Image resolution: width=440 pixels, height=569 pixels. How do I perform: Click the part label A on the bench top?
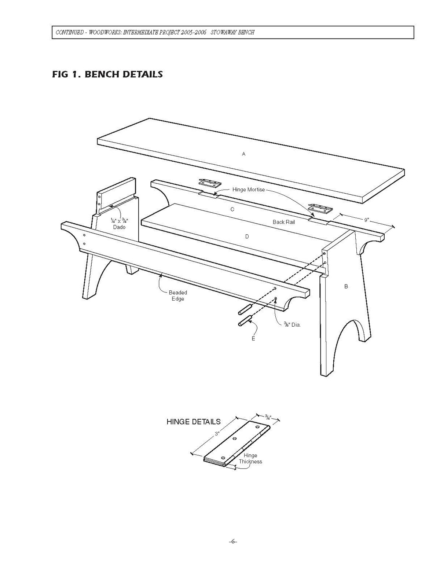tap(243, 154)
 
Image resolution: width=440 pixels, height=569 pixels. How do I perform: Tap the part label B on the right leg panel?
tap(346, 286)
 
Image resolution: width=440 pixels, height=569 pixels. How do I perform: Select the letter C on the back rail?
tap(232, 209)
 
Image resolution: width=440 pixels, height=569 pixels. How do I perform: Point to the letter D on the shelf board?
tap(247, 236)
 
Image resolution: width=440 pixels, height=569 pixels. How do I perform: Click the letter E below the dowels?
tap(253, 339)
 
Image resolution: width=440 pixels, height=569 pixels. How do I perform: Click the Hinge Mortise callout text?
tap(248, 190)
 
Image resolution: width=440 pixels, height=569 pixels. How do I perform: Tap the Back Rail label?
tap(283, 222)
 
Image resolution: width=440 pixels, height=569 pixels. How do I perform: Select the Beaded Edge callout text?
tap(178, 295)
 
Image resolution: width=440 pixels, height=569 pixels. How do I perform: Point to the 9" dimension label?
tap(366, 220)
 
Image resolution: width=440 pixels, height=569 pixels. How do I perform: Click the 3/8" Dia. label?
tap(292, 324)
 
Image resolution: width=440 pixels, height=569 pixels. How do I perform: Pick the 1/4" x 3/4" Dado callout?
tap(119, 224)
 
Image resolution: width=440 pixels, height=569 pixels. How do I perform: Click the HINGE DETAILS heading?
tap(194, 422)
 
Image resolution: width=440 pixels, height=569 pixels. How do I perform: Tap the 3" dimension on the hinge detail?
tap(217, 434)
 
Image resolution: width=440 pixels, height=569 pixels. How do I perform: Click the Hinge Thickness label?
tap(250, 458)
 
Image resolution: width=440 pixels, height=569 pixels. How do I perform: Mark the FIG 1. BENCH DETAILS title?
tap(107, 74)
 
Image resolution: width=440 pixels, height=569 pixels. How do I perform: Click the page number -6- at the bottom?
tap(233, 542)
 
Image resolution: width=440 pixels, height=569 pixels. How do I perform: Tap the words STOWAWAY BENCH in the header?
tap(233, 32)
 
